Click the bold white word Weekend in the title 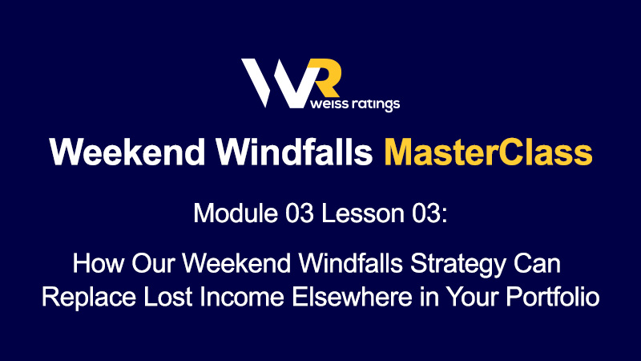tap(127, 152)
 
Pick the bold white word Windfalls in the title tap(294, 152)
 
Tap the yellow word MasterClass tap(488, 152)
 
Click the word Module tap(236, 213)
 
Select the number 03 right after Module tap(299, 213)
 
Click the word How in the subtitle tap(98, 263)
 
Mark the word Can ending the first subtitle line tap(537, 263)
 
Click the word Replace tap(89, 298)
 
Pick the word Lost tap(167, 296)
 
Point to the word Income tap(242, 296)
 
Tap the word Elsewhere tap(352, 296)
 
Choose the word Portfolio tap(553, 296)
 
